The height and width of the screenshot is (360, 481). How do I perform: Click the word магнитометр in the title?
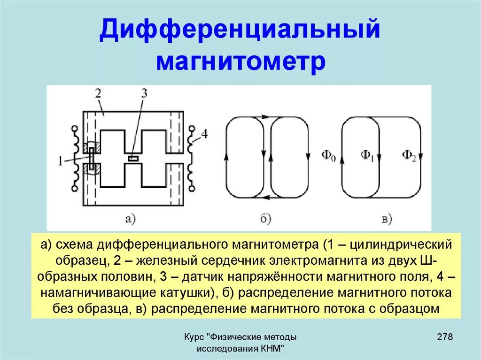click(x=240, y=62)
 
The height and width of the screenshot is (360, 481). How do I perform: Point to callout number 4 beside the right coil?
click(x=203, y=135)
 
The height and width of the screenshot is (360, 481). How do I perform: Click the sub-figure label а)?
click(x=130, y=218)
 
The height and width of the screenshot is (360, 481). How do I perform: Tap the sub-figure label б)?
click(x=265, y=218)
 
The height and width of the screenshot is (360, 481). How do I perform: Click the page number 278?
click(x=444, y=337)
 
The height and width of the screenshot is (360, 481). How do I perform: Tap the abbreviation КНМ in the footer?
click(x=272, y=349)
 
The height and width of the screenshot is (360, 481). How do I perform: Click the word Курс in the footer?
click(x=194, y=337)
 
